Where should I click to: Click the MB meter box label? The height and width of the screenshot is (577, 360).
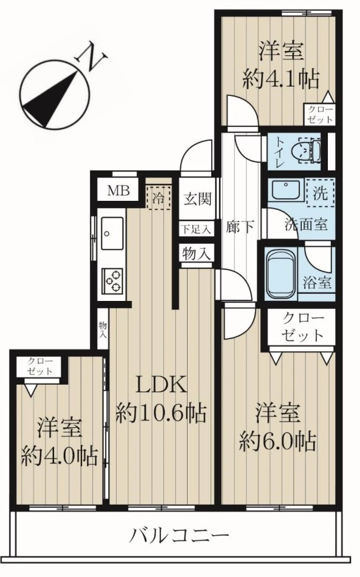(x=118, y=191)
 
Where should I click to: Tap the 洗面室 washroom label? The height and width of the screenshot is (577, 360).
(x=307, y=224)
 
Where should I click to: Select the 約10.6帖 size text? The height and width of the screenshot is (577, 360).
(x=161, y=414)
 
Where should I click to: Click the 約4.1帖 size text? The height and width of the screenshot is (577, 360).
(x=281, y=78)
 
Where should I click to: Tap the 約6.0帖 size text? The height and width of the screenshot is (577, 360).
(x=277, y=440)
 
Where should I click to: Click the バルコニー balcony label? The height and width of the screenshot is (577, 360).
(x=180, y=535)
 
